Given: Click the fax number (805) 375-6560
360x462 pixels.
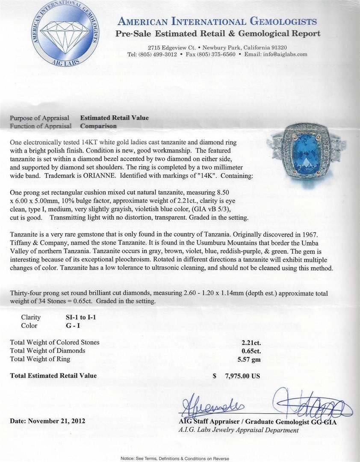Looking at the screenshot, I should pyautogui.click(x=217, y=54).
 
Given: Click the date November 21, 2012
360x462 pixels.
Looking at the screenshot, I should pyautogui.click(x=47, y=421).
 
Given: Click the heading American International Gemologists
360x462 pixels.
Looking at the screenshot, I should pyautogui.click(x=217, y=21).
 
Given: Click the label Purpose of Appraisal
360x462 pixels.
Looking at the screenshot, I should pyautogui.click(x=39, y=118).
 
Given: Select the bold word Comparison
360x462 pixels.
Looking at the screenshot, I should pyautogui.click(x=98, y=126).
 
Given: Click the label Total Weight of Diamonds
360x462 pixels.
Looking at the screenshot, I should pyautogui.click(x=47, y=351).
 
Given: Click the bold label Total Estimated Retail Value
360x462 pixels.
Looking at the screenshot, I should pyautogui.click(x=53, y=376).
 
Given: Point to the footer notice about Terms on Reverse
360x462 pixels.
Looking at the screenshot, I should pyautogui.click(x=174, y=458).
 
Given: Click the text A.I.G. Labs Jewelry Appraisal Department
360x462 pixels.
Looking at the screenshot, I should pyautogui.click(x=238, y=430).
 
